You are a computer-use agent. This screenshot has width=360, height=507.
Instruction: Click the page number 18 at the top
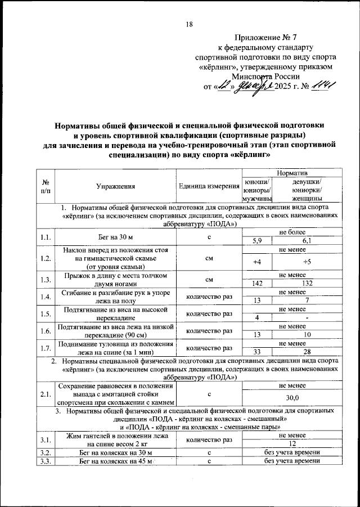click(x=189, y=24)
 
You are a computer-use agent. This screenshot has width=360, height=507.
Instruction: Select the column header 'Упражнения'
click(x=115, y=185)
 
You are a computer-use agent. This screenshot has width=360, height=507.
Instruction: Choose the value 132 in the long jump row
click(x=307, y=284)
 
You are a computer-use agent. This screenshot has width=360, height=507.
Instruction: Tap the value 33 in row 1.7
click(x=256, y=352)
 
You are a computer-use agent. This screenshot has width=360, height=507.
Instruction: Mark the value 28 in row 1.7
click(x=307, y=352)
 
